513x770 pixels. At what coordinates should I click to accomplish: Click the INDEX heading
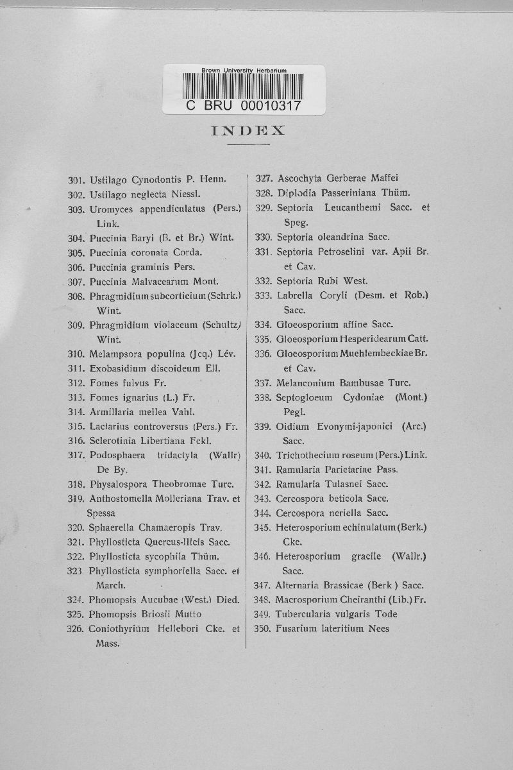click(x=248, y=131)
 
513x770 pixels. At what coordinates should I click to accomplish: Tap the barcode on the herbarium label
click(x=243, y=87)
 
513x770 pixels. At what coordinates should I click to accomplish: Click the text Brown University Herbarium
click(x=244, y=70)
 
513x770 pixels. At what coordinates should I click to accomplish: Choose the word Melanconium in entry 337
click(x=305, y=382)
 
